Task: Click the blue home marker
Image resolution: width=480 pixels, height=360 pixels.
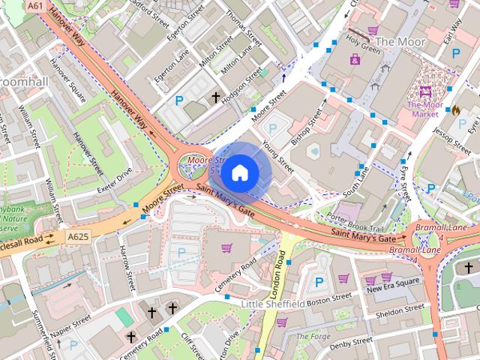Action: point(239,172)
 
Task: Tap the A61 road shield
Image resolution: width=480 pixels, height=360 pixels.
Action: point(34,5)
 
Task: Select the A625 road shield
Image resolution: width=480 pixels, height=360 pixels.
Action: point(77,237)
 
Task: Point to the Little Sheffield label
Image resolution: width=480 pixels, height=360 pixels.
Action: point(273,304)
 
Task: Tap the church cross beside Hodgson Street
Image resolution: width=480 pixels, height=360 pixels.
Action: point(217,97)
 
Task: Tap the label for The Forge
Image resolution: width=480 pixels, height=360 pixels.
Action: point(313,337)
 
